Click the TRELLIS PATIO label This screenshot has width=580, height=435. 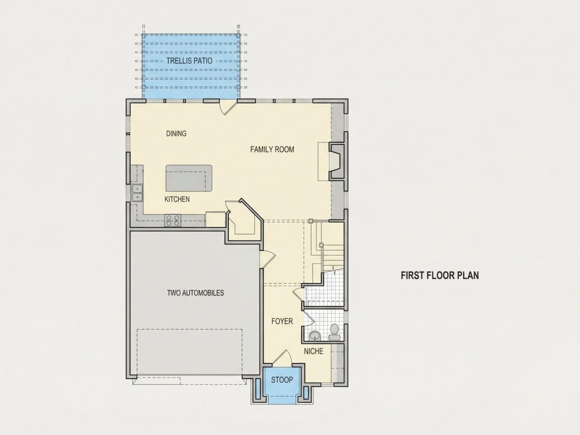pos(189,61)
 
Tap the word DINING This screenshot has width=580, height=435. pos(176,133)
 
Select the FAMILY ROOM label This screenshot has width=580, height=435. pos(272,149)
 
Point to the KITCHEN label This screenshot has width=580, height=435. pos(177,199)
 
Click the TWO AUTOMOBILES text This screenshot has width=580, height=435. pos(195,293)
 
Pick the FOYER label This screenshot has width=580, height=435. pos(282,321)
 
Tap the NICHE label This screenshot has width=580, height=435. pos(313,351)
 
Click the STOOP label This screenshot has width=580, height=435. pos(282,380)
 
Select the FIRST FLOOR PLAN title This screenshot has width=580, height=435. pos(440,275)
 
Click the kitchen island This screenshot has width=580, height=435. pos(189,178)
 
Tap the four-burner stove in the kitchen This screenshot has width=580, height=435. pos(173,220)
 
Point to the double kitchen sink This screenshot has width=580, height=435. pos(137,192)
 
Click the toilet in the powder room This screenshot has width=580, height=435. pos(334,332)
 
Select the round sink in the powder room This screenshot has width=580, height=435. pos(315,336)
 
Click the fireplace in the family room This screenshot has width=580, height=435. pos(336,161)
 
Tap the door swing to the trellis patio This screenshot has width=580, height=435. pos(226,108)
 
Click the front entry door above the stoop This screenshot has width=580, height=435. pos(283,358)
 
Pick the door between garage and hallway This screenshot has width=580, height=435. pos(267,258)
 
